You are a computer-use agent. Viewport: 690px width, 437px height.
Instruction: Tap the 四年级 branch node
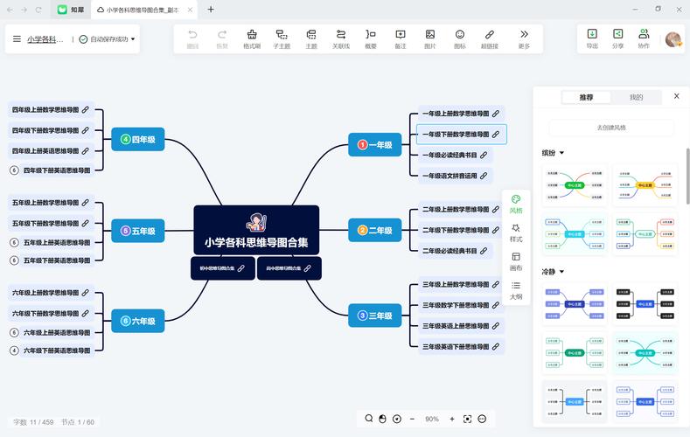click(x=137, y=139)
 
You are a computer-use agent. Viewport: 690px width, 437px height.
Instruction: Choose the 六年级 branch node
click(x=137, y=321)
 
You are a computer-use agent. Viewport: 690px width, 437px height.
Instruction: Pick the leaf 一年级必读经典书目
click(x=455, y=155)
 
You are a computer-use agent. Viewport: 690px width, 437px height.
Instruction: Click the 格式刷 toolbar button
click(x=252, y=38)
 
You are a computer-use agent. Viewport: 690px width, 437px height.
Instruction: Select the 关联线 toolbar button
click(x=341, y=38)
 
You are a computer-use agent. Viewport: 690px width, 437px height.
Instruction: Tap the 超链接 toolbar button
click(x=491, y=38)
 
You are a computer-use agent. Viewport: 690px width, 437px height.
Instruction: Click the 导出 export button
click(x=592, y=38)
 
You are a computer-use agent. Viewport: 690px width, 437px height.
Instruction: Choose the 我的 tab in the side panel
click(x=636, y=97)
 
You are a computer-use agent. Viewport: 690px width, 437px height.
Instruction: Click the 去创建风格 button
click(x=611, y=128)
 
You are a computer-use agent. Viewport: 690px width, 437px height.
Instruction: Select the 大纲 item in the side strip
click(x=516, y=290)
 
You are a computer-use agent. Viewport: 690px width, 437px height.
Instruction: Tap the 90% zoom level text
click(x=432, y=420)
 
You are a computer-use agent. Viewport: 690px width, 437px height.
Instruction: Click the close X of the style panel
click(x=676, y=96)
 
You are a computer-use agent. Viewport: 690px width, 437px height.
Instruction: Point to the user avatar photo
click(x=673, y=39)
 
